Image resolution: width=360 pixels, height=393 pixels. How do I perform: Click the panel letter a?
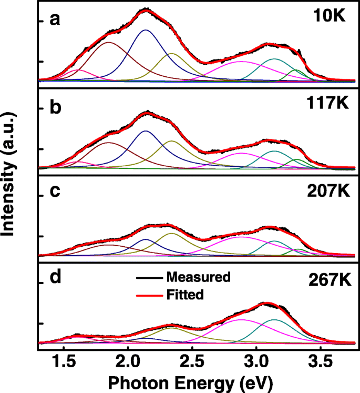(x=54, y=19)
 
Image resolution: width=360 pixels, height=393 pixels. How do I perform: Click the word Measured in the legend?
(x=198, y=277)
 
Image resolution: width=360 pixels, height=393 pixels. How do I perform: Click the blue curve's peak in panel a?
(x=146, y=30)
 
